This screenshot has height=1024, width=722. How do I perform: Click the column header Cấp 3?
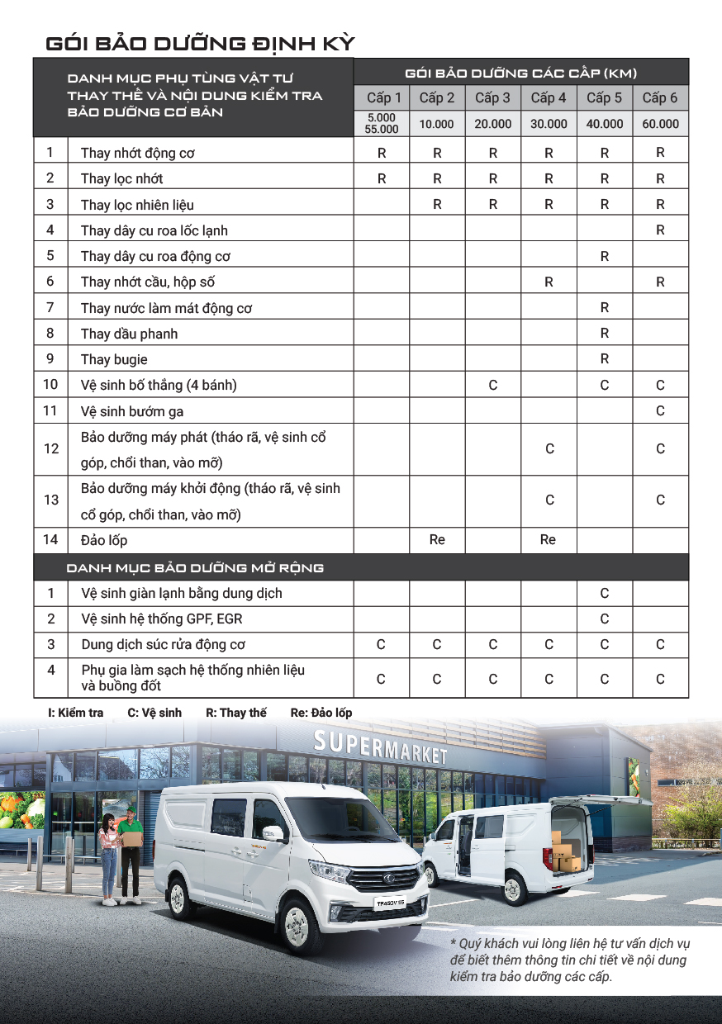click(x=492, y=98)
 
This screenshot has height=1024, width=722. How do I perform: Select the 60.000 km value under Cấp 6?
click(x=660, y=124)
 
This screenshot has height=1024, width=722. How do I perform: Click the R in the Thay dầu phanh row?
click(x=605, y=334)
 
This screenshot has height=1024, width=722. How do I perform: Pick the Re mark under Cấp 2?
click(x=437, y=539)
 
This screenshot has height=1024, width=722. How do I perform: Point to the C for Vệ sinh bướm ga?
click(x=660, y=410)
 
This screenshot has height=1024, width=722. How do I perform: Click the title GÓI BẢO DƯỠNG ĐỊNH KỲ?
click(x=201, y=43)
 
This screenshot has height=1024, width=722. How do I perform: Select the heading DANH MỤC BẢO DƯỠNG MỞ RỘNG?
click(x=195, y=567)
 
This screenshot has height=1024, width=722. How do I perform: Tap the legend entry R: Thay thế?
click(x=236, y=713)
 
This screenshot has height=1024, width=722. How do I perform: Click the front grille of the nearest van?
click(x=385, y=876)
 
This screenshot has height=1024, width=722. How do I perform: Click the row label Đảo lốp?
click(x=104, y=540)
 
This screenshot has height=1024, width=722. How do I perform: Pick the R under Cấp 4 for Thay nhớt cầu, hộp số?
click(x=549, y=282)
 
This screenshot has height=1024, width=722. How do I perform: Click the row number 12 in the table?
click(x=51, y=448)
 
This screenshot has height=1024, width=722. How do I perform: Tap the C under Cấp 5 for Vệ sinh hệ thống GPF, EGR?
click(x=605, y=619)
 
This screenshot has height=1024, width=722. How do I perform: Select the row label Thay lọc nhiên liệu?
click(x=137, y=205)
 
